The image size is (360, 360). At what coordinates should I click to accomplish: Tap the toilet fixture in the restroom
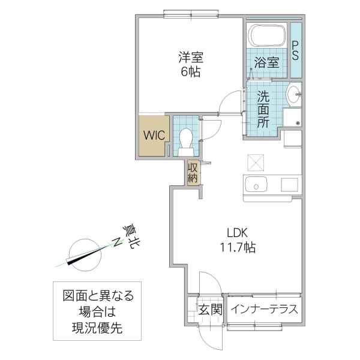[185, 138]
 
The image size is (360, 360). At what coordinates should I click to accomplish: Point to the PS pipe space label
[296, 50]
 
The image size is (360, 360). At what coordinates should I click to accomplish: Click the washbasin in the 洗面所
[293, 94]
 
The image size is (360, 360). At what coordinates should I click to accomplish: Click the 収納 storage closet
[193, 173]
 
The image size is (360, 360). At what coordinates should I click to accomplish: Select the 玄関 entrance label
[211, 310]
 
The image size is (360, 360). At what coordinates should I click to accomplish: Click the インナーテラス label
[264, 310]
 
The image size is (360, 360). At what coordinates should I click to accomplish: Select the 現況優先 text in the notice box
[97, 328]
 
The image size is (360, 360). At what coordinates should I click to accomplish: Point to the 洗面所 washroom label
[263, 108]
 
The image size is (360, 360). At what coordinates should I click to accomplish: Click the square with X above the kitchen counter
[254, 162]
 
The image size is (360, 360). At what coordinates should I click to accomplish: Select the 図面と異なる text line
[98, 296]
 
